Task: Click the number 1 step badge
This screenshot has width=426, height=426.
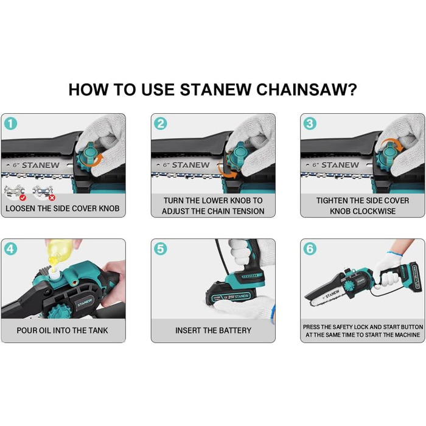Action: coord(11,124)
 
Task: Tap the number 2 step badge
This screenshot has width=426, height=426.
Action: coord(161,124)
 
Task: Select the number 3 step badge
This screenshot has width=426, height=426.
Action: coord(310,124)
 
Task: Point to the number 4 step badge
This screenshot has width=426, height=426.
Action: coord(11,249)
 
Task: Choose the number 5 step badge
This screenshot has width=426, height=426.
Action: coord(161,249)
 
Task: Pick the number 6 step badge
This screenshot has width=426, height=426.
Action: coord(310,249)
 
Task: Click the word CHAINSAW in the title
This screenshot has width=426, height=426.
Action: coord(306,89)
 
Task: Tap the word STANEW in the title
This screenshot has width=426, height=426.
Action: coord(215,89)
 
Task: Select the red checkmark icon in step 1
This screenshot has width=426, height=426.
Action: coord(23,198)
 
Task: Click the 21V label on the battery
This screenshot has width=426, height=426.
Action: coord(231,297)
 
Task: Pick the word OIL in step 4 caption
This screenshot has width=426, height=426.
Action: coord(46,330)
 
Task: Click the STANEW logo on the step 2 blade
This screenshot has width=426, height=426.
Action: coord(190,165)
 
